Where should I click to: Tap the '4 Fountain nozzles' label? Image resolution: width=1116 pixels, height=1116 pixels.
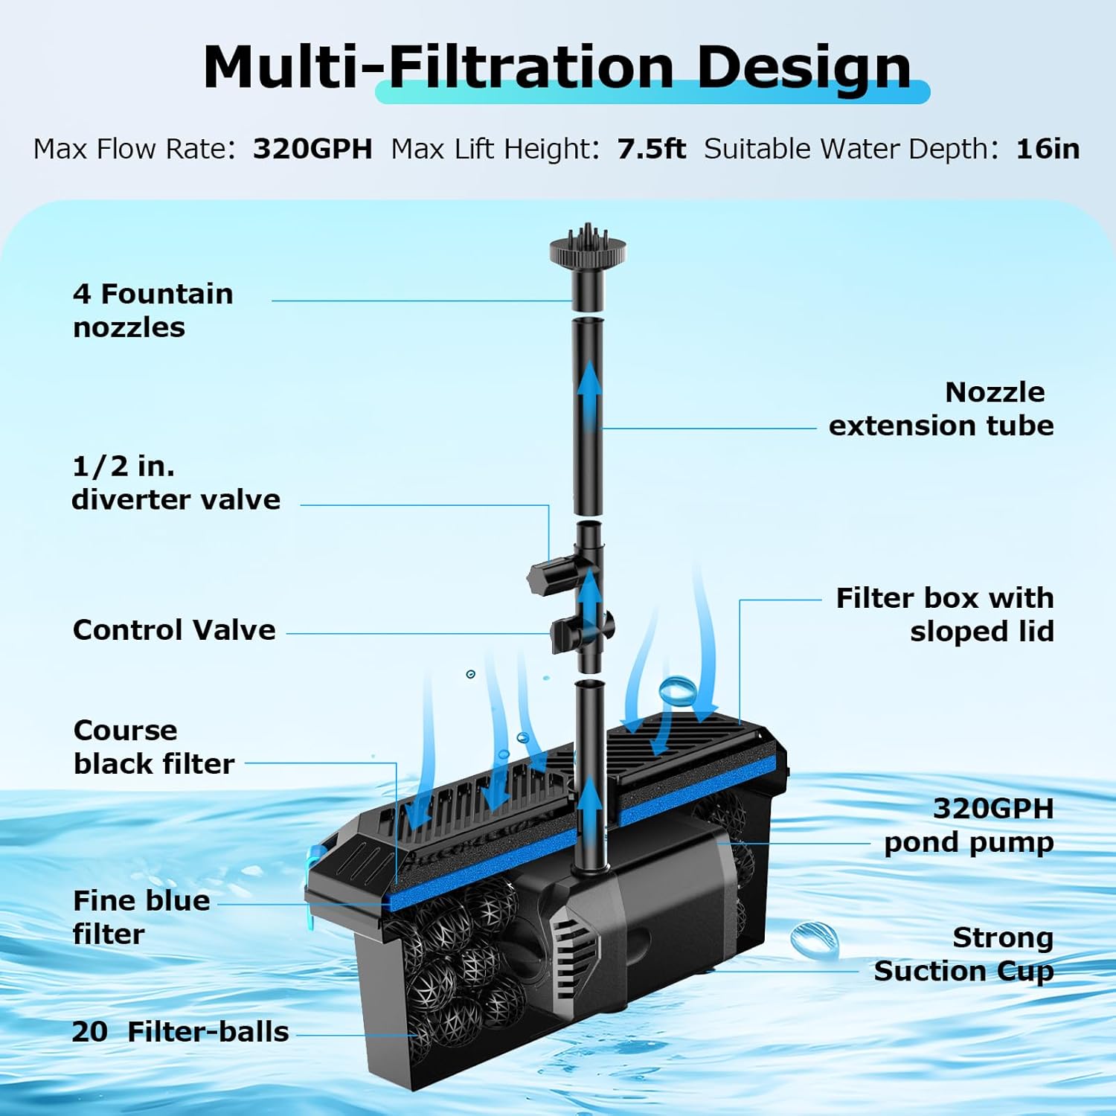[x=153, y=310]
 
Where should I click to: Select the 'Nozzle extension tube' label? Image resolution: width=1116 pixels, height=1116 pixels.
[x=941, y=409]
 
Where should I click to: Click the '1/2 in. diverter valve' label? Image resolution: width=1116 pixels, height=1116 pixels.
[x=176, y=483]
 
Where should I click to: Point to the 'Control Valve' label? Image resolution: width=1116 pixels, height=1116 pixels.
[x=174, y=630]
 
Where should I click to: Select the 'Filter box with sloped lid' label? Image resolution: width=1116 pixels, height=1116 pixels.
[x=944, y=615]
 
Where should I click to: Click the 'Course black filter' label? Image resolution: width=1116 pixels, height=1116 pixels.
[x=153, y=747]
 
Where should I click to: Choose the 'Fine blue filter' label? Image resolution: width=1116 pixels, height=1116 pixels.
[x=141, y=917]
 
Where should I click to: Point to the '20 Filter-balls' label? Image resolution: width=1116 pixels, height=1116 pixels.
[x=180, y=1032]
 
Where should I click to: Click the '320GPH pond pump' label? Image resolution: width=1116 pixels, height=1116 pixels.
[x=969, y=825]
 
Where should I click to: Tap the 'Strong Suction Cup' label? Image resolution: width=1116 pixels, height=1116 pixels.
[x=963, y=955]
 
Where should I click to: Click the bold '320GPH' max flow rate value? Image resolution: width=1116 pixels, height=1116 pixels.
[x=312, y=149]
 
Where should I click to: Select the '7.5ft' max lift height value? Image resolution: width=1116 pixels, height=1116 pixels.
[x=651, y=149]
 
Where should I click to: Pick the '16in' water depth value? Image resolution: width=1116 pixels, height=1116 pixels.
[x=1048, y=149]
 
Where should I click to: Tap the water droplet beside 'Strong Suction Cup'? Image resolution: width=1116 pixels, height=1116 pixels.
[x=815, y=939]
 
